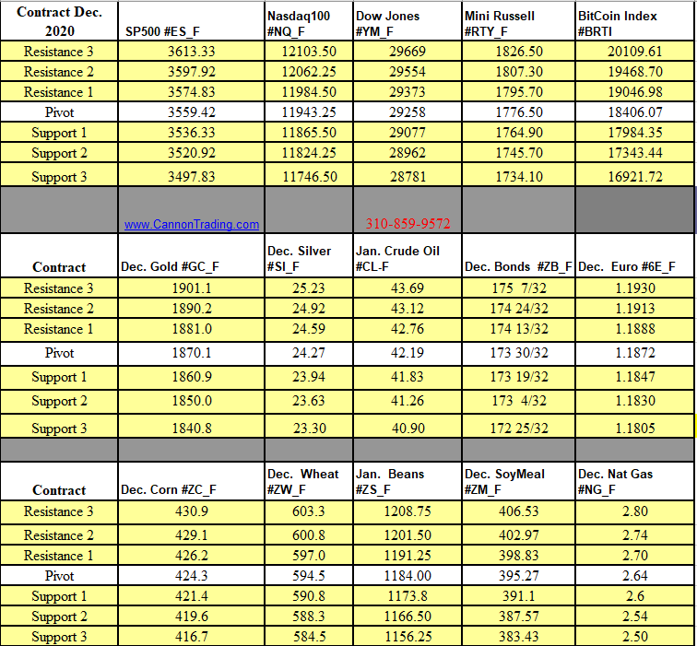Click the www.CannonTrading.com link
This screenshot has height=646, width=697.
(192, 224)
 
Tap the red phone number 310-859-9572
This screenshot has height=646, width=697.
(408, 223)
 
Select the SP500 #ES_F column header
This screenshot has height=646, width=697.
(162, 32)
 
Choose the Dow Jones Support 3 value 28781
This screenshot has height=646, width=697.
(408, 176)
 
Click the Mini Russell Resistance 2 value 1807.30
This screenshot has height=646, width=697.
(520, 72)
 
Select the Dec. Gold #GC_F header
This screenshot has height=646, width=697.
(171, 267)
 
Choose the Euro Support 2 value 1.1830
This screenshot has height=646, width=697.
(635, 401)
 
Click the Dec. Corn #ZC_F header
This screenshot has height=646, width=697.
(169, 490)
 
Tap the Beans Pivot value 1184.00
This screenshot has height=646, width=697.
(407, 576)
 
